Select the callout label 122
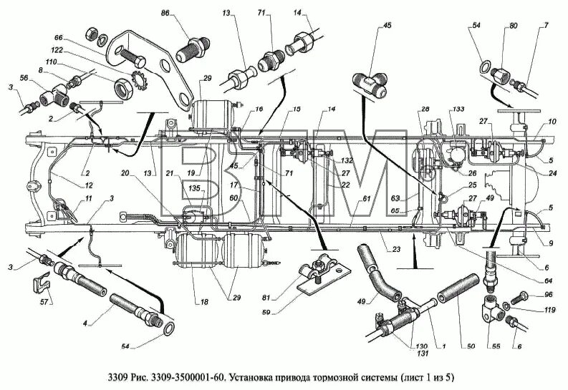(60, 50)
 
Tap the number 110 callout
(50, 63)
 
